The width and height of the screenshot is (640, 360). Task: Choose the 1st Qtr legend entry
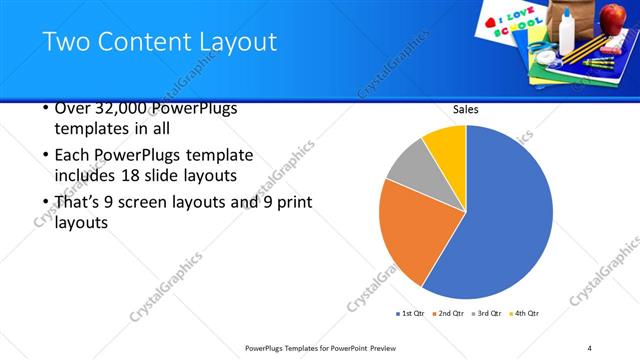click(x=410, y=314)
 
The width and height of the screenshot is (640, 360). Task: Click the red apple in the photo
click(x=611, y=17)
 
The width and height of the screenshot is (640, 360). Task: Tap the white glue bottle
click(x=567, y=32)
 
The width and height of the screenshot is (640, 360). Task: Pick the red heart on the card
click(x=490, y=21)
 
